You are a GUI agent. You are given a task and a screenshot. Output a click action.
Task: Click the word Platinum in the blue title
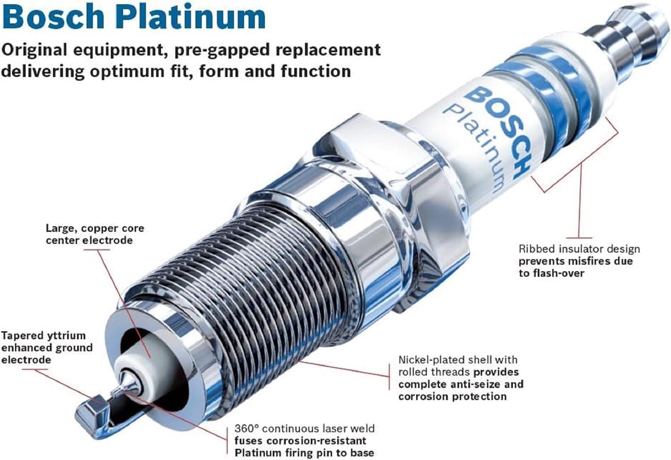coord(193,17)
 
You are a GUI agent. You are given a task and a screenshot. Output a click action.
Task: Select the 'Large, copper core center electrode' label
coord(95,234)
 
